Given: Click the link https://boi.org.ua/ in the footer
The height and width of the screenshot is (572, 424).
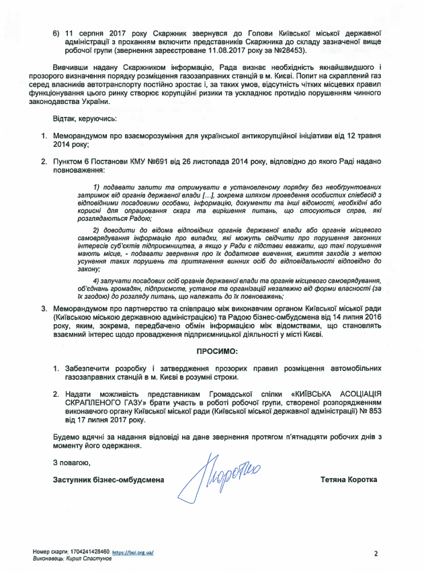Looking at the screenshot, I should click(133, 551).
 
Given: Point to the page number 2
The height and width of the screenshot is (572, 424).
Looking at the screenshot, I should click(376, 554).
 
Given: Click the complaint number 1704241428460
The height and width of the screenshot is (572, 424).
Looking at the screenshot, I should click(87, 551).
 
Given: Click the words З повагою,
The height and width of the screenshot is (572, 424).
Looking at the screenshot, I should click(70, 463).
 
